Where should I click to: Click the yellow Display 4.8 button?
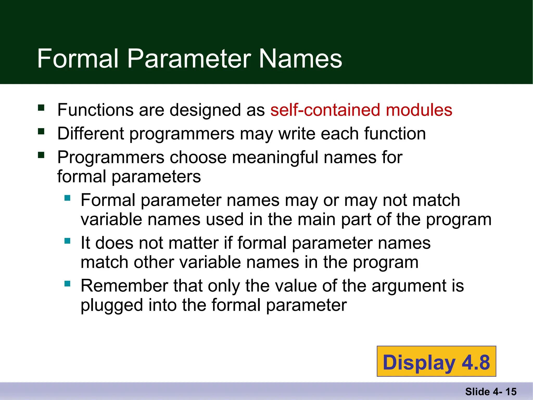click(436, 361)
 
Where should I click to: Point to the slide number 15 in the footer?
click(511, 392)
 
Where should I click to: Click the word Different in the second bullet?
click(91, 134)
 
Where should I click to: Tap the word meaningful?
click(275, 158)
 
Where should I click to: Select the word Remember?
click(124, 286)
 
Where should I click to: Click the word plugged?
click(112, 305)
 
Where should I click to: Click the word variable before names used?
click(111, 219)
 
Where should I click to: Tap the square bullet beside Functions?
click(41, 108)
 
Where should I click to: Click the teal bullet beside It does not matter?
click(67, 241)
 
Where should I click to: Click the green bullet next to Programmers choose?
click(41, 155)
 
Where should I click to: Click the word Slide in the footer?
click(477, 392)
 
